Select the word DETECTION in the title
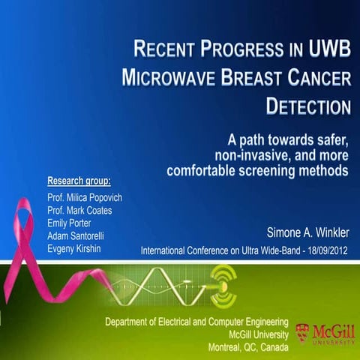click(x=308, y=105)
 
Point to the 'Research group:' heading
click(x=79, y=181)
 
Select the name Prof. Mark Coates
click(x=79, y=211)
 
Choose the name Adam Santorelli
click(x=75, y=236)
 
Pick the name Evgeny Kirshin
click(x=73, y=249)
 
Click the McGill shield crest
click(x=301, y=331)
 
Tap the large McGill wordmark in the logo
click(x=331, y=328)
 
